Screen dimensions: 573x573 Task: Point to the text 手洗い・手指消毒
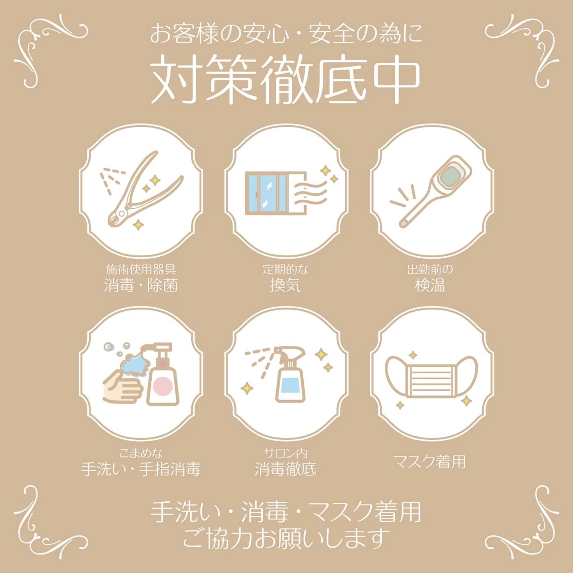coord(141,469)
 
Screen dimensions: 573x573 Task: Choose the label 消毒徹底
coord(285,469)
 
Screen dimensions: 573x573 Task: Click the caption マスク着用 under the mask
coord(429,462)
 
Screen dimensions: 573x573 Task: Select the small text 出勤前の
coord(430,270)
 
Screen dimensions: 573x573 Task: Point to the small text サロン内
coord(285,453)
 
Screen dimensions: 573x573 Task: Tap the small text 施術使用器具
coord(141,270)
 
